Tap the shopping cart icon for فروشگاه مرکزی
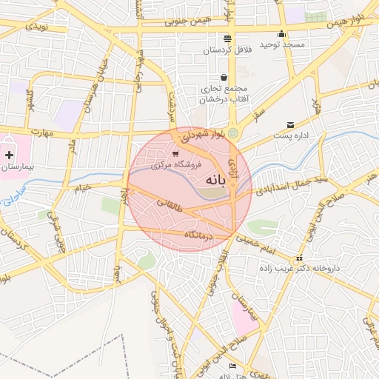(175, 155)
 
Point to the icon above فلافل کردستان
(227, 38)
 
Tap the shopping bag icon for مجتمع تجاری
(224, 78)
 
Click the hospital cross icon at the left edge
(9, 155)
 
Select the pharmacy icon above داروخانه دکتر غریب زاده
(298, 259)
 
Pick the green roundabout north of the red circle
(233, 133)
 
